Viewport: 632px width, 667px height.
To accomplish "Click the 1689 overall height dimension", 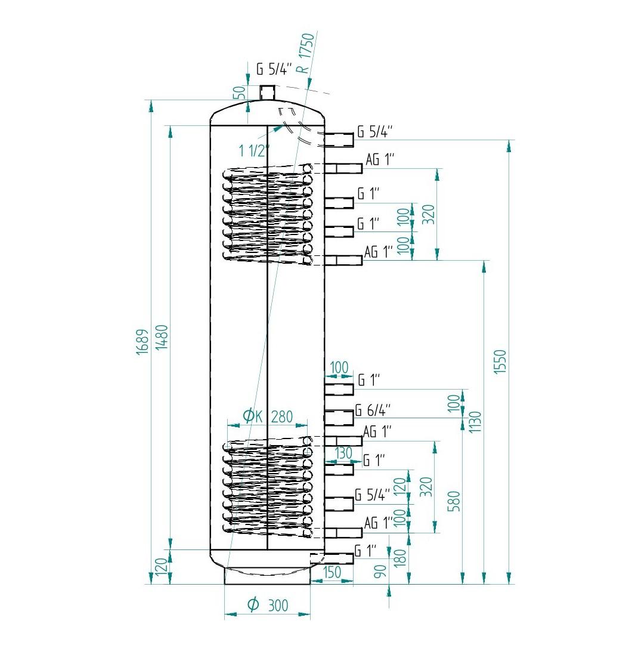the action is point(143,342).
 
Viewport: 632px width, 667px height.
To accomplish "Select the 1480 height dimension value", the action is point(162,337).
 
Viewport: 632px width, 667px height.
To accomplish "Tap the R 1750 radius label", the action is point(306,53).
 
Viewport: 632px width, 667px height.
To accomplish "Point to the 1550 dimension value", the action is point(500,362).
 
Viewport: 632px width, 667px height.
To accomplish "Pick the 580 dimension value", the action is point(454,501).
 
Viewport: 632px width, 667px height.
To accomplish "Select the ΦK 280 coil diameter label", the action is point(267,416).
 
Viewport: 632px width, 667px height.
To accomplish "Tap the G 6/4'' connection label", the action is point(373,410).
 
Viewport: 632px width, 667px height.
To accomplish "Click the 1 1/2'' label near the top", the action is point(254,150).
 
